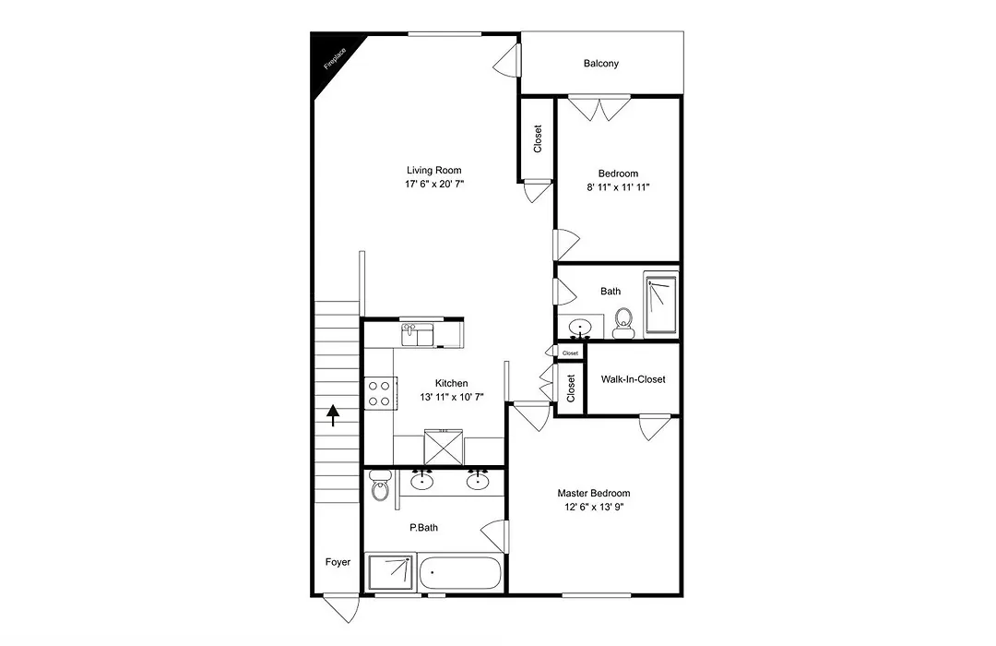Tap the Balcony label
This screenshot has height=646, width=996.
[601, 64]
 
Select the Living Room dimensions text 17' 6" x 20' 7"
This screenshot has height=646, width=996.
[434, 185]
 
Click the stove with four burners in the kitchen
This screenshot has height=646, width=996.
[381, 393]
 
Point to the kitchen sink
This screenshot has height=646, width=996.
[417, 334]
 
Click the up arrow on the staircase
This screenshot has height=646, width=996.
[333, 415]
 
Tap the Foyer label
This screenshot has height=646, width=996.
[338, 562]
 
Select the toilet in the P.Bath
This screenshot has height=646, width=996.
[380, 485]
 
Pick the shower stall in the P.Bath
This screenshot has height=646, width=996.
[391, 571]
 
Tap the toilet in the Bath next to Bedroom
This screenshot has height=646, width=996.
[623, 322]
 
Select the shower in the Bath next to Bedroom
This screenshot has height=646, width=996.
[660, 304]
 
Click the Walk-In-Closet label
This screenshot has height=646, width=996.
[634, 379]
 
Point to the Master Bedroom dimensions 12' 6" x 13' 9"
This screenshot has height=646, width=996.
[593, 508]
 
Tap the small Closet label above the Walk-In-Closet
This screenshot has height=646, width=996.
[571, 353]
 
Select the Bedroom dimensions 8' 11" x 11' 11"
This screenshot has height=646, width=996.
[618, 187]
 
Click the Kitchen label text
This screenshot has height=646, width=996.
[452, 383]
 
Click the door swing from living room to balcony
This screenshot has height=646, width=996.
[507, 61]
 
